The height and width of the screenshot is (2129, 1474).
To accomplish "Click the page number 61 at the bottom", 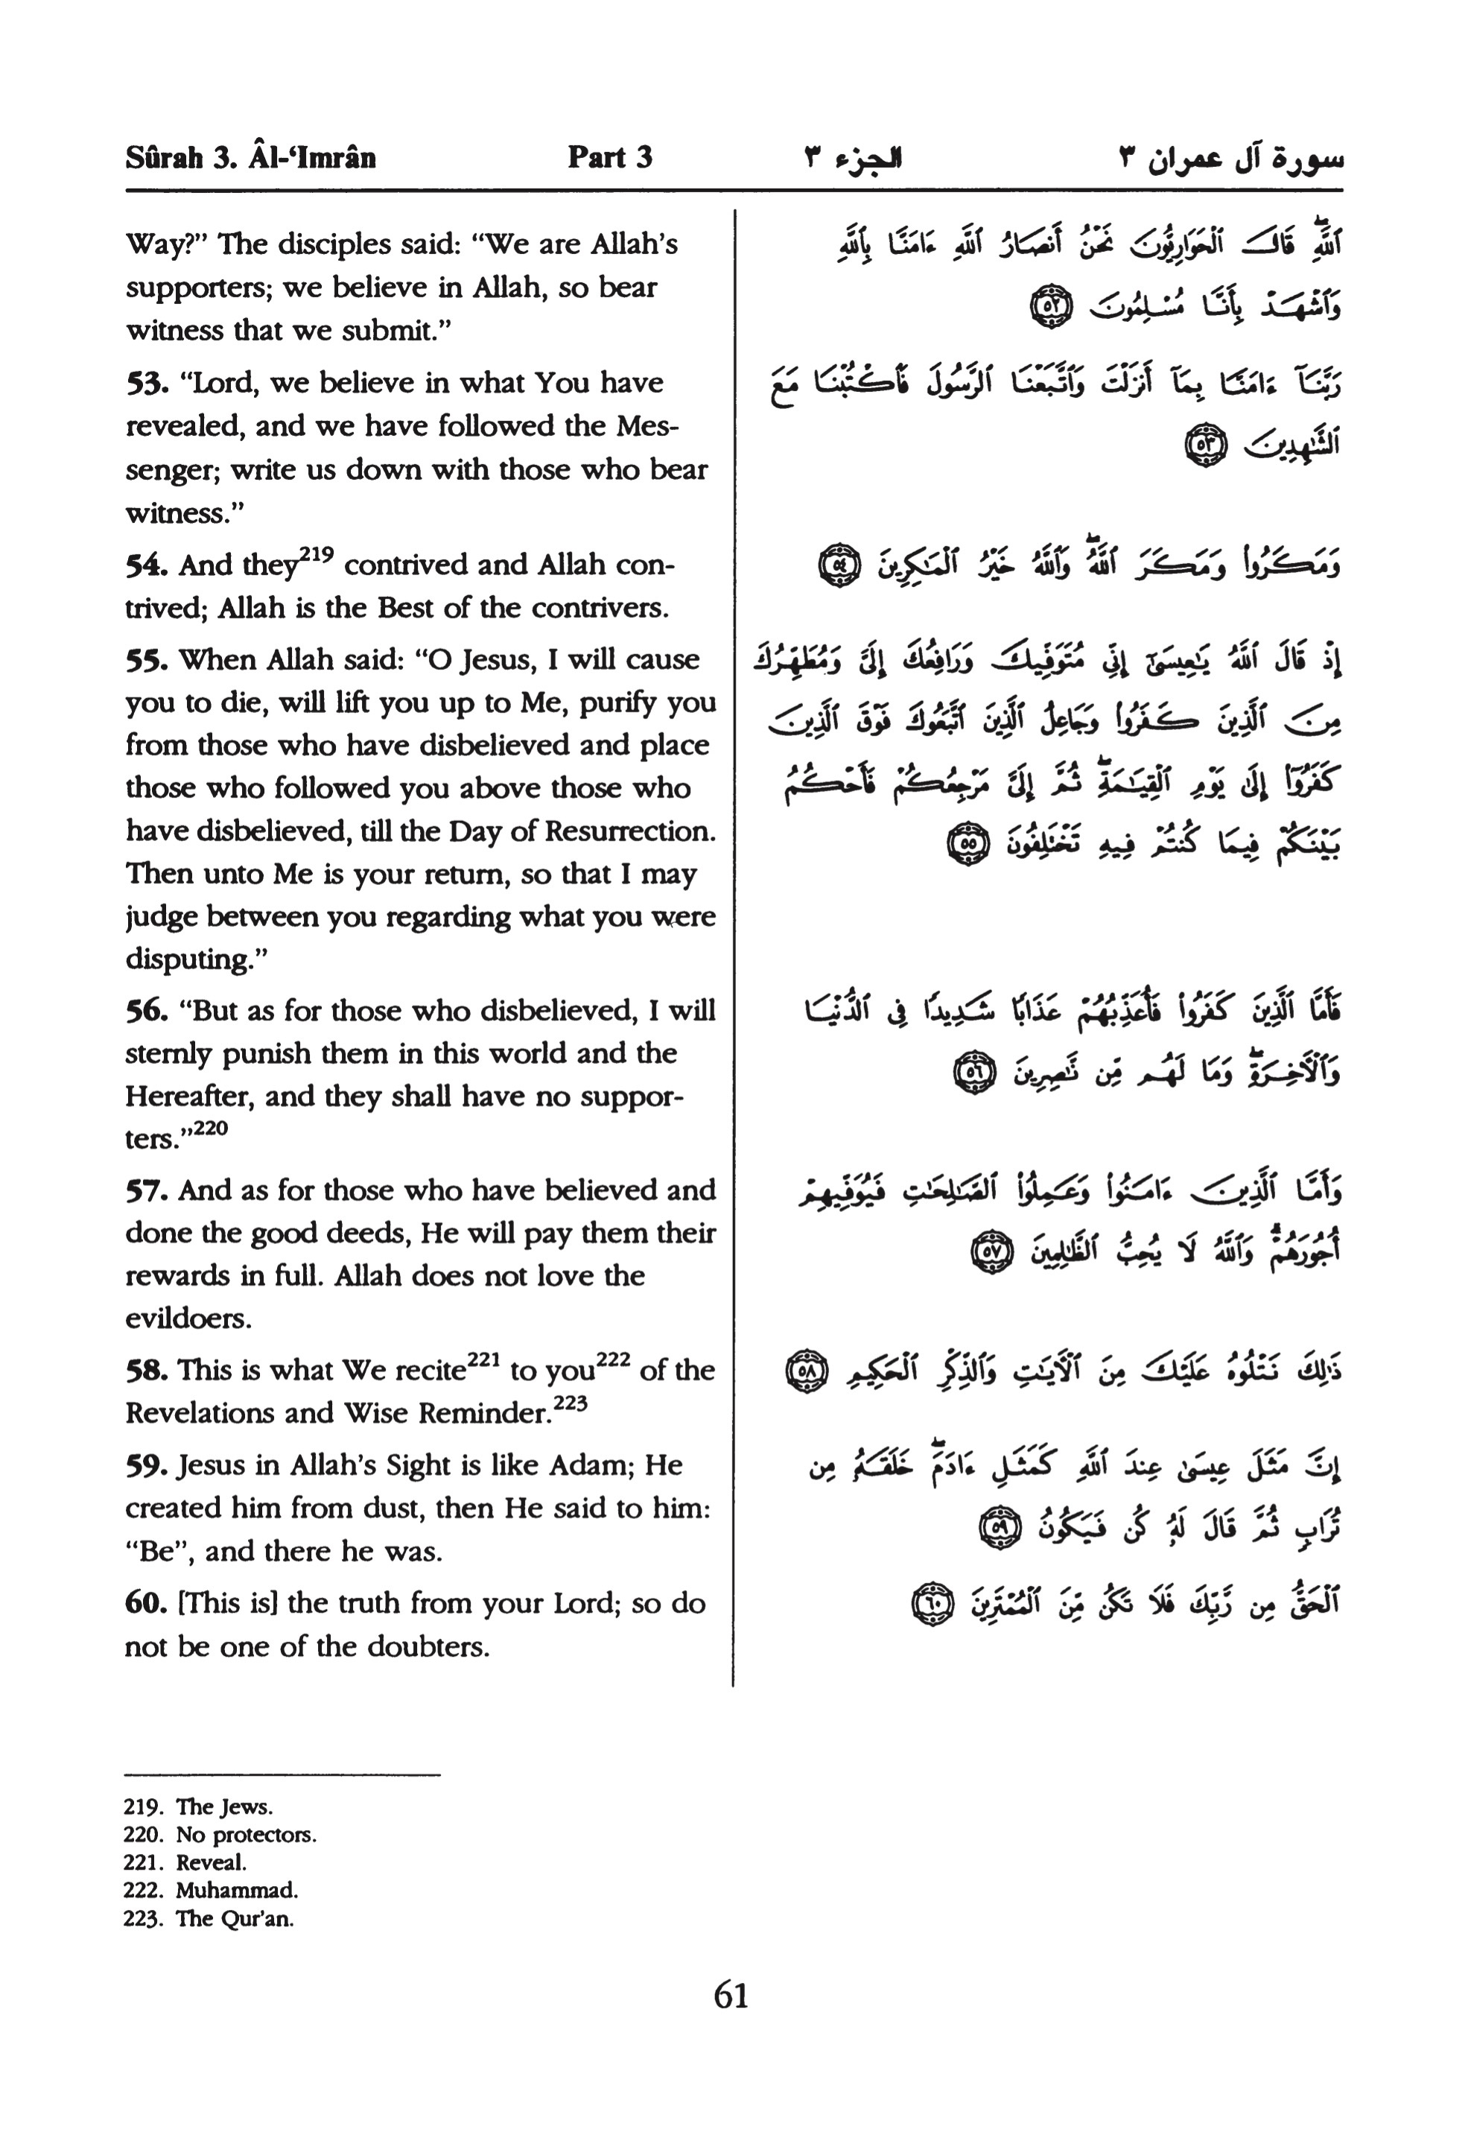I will [x=731, y=1996].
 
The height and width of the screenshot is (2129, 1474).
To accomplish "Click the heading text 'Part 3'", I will [x=609, y=157].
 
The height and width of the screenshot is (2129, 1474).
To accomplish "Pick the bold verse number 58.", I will [x=146, y=1371].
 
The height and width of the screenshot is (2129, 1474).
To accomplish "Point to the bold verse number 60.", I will [x=146, y=1603].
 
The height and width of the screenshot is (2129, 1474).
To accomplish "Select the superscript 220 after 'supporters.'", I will [x=209, y=1129].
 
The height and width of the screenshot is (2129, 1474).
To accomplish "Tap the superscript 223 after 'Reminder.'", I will [x=570, y=1405].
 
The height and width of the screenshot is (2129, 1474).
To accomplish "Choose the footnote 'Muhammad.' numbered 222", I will [x=236, y=1890].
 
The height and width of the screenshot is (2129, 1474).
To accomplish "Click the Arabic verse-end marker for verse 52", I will [x=1050, y=305].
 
